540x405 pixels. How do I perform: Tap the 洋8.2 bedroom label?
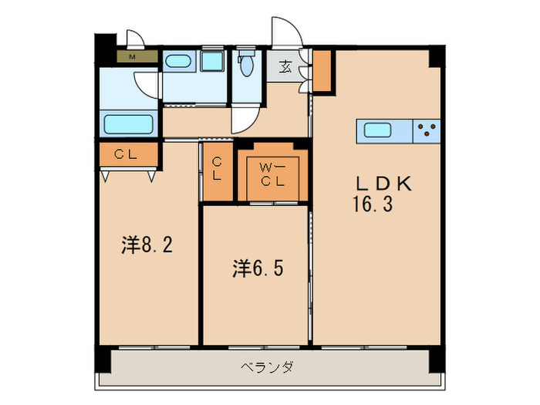pyautogui.click(x=147, y=245)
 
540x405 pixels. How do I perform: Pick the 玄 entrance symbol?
pyautogui.click(x=286, y=66)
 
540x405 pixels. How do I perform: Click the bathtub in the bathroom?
pyautogui.click(x=128, y=124)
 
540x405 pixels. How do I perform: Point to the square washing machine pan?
pyautogui.click(x=211, y=61)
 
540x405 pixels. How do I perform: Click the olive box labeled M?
pyautogui.click(x=132, y=56)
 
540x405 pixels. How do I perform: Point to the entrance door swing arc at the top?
pyautogui.click(x=287, y=32)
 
